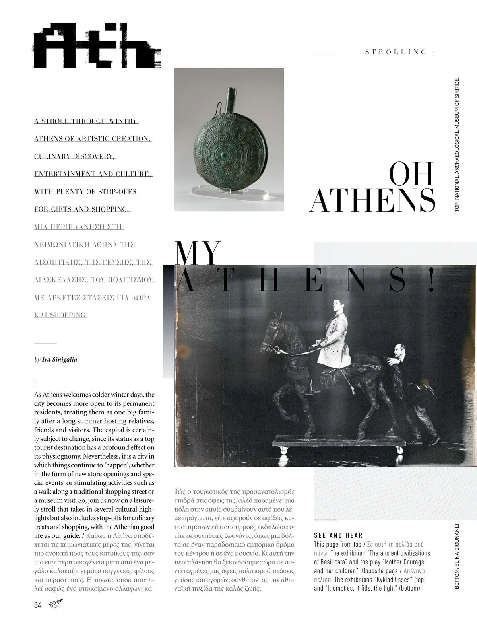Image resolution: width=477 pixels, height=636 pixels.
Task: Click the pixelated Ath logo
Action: [97, 47]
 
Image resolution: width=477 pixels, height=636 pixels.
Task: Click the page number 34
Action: [38, 605]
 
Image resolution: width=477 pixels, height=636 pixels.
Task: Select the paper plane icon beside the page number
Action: [55, 604]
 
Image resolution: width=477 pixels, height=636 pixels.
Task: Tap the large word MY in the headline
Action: [198, 253]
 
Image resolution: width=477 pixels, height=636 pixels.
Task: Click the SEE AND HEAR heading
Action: [338, 535]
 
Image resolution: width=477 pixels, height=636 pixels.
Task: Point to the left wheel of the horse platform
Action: [284, 451]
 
